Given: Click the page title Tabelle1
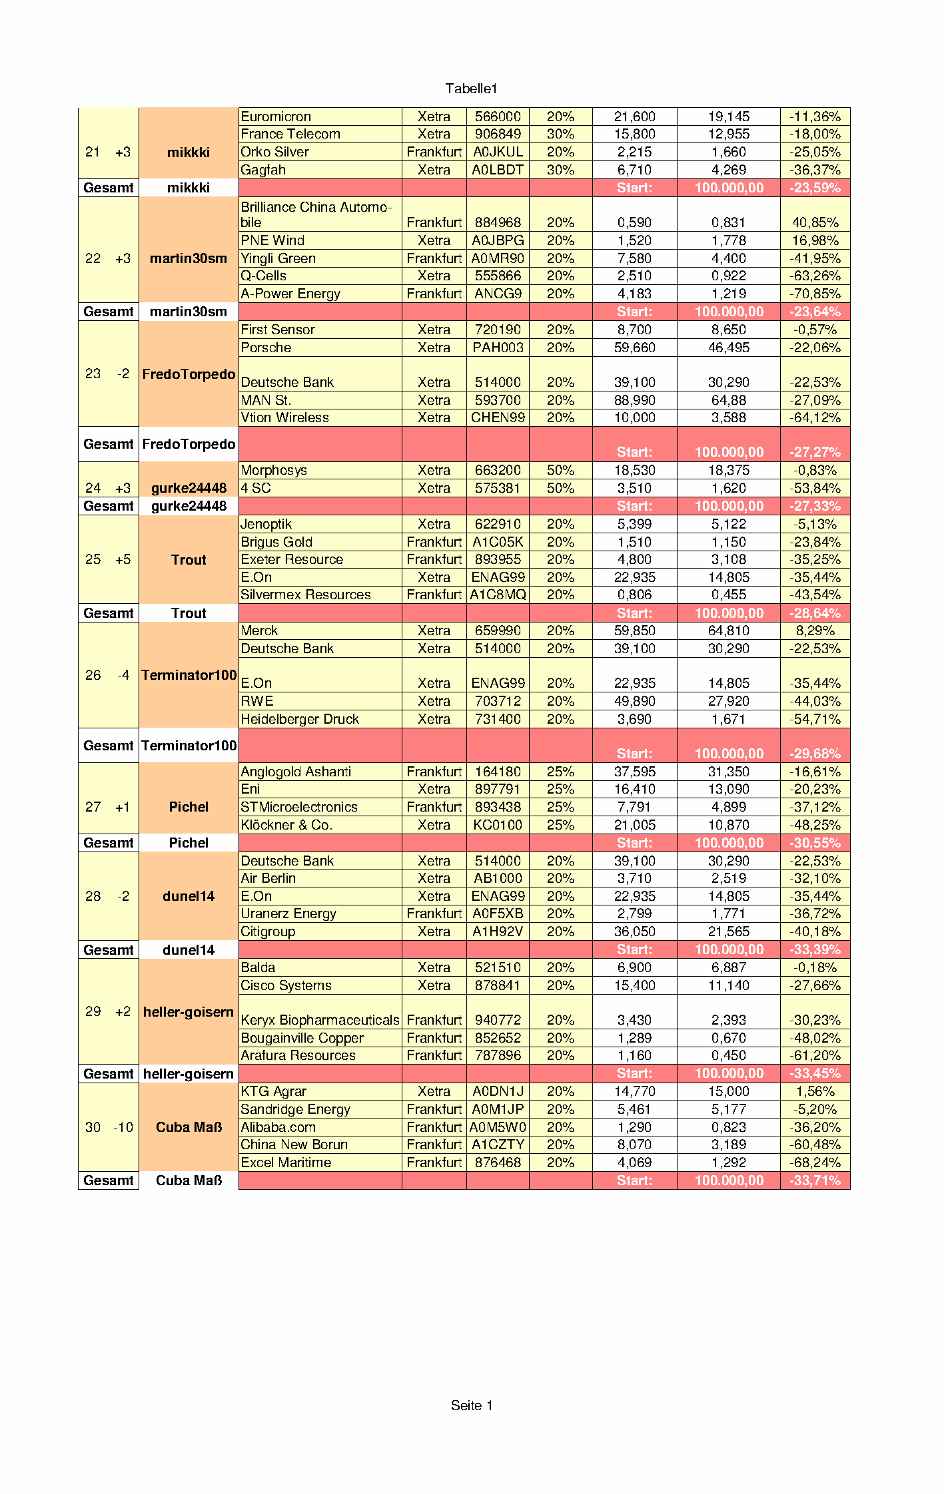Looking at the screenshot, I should click(471, 89).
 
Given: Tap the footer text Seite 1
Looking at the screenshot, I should click(471, 1405).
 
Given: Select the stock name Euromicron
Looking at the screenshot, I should click(276, 117).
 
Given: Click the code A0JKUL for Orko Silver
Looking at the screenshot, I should click(498, 152).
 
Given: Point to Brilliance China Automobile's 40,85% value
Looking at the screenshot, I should click(815, 222).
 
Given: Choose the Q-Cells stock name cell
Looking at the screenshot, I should click(264, 276).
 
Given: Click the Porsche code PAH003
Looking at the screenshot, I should click(498, 348).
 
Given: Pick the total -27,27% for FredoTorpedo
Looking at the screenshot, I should click(815, 452).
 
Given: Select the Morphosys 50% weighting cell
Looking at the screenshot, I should click(560, 470).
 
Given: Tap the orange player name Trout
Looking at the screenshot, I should click(189, 560).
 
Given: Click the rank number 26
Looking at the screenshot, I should click(93, 675).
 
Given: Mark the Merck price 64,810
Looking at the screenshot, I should click(728, 630).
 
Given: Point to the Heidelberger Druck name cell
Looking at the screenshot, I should click(300, 719).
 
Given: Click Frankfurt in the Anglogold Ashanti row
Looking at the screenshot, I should click(434, 772).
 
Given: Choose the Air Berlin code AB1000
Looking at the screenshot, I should click(498, 878).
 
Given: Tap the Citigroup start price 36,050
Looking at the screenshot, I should click(634, 931).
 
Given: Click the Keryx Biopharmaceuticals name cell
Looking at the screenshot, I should click(320, 1020).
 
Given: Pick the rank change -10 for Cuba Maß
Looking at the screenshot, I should click(123, 1127).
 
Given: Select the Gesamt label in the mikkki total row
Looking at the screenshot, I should click(109, 188).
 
